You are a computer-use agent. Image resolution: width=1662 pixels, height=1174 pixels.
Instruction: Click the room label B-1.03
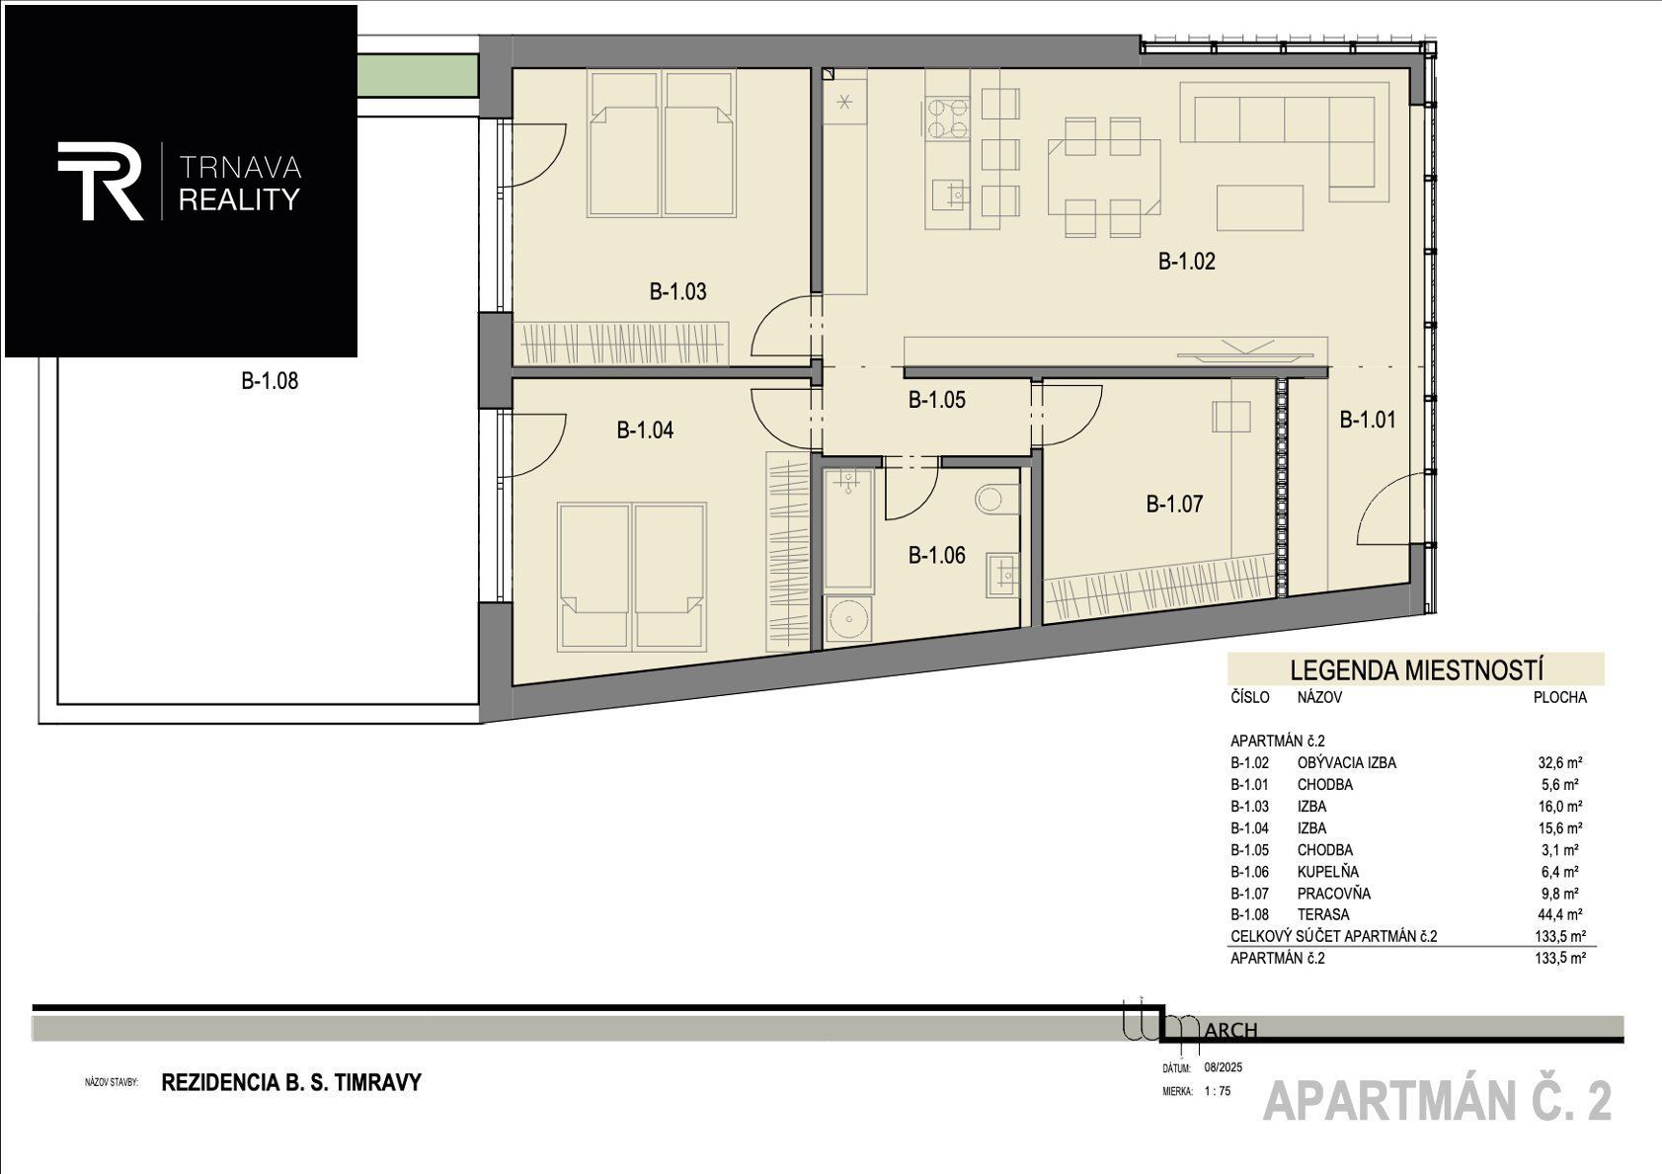pos(677,291)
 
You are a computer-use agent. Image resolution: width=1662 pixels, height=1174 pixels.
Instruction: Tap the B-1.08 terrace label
pos(270,381)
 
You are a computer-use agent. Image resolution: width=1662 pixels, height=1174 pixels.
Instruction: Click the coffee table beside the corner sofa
pos(1260,207)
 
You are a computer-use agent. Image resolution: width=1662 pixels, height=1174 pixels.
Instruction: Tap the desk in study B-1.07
pos(1231,416)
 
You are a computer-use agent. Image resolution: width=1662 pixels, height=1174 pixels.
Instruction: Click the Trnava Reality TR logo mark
pos(100,181)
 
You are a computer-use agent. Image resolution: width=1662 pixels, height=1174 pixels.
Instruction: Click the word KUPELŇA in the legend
pos(1328,872)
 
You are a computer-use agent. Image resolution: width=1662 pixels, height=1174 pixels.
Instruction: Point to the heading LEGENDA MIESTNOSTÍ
pos(1417,669)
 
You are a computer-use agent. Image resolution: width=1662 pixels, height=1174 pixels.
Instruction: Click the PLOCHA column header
pos(1560,698)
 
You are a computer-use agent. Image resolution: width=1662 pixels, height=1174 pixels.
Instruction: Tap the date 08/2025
pos(1224,1068)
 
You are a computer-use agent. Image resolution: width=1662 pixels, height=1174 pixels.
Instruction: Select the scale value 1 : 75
pos(1218,1091)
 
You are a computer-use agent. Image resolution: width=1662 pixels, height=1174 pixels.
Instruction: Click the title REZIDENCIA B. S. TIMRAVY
pos(291,1083)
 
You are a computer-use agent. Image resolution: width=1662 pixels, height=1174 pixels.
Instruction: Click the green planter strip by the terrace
pos(418,76)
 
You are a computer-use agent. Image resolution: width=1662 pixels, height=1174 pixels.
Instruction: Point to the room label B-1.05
pos(937,401)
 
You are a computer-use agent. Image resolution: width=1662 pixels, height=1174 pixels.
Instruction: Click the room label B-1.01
pos(1368,421)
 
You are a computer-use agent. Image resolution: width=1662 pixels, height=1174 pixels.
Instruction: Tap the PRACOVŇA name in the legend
pos(1333,894)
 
